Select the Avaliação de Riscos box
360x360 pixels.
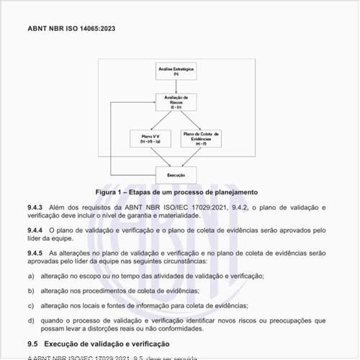(x=176, y=102)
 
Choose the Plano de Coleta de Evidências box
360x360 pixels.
(x=202, y=138)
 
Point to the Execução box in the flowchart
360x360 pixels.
(x=176, y=174)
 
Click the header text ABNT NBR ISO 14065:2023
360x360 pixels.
(x=71, y=29)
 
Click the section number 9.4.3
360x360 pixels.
(x=35, y=207)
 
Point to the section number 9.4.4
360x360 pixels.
(x=35, y=230)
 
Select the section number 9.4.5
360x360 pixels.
(x=35, y=253)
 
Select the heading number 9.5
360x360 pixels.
(x=32, y=345)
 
